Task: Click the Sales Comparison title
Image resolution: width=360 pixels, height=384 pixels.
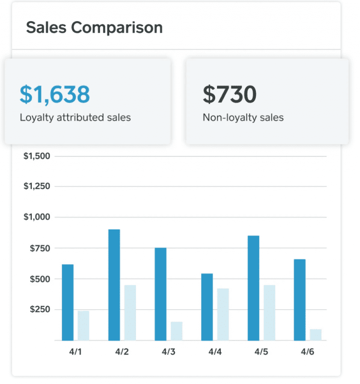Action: click(94, 28)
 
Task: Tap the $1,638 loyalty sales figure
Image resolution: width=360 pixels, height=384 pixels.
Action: click(54, 94)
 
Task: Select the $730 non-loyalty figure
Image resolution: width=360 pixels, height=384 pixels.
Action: click(230, 94)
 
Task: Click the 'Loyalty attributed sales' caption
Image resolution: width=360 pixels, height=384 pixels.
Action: click(75, 117)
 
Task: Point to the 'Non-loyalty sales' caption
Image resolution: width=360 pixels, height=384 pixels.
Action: click(243, 117)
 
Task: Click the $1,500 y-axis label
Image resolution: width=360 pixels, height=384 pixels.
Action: click(37, 156)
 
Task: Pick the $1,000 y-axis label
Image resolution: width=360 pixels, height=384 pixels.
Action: click(37, 217)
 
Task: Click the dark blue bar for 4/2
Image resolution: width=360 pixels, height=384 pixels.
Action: click(114, 285)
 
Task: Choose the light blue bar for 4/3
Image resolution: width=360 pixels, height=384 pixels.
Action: click(176, 331)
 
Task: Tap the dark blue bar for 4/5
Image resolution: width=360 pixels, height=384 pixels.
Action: click(253, 288)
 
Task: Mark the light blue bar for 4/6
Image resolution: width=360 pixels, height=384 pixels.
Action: click(315, 334)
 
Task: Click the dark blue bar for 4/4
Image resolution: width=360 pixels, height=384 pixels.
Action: click(207, 307)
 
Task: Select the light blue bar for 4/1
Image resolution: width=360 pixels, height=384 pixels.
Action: click(83, 325)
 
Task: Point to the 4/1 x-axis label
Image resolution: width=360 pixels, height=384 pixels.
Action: click(75, 352)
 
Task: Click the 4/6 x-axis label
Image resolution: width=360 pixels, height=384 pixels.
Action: click(307, 352)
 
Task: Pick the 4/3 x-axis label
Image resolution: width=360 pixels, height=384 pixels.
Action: click(168, 352)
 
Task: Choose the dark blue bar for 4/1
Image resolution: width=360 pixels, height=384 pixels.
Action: click(67, 302)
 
